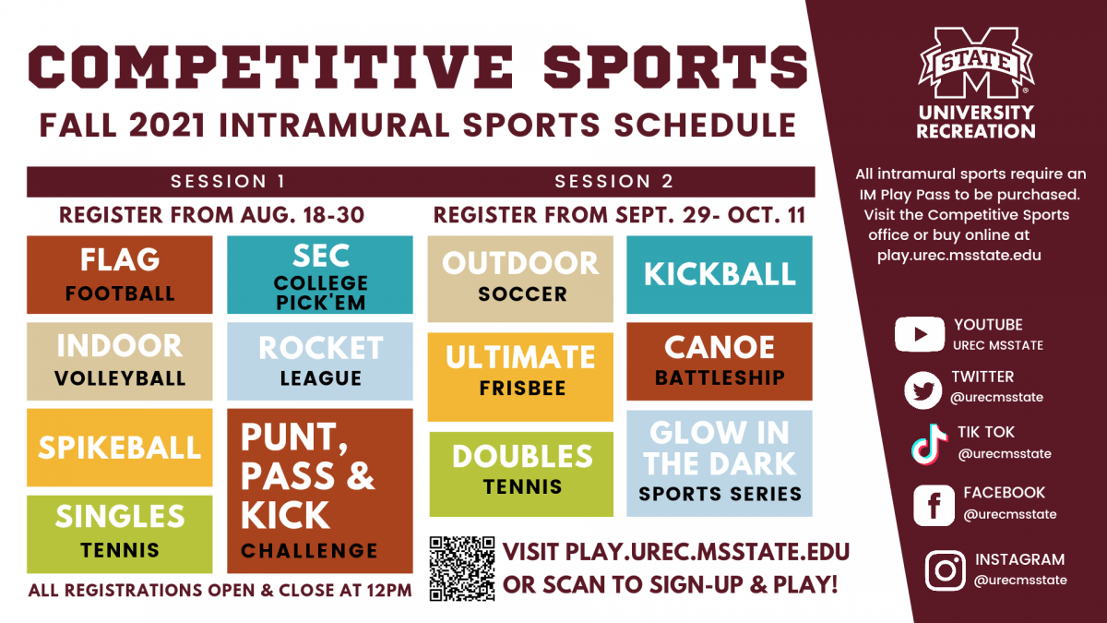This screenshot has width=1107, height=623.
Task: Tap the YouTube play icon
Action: coord(918,333)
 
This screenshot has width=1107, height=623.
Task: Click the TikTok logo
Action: coord(929,444)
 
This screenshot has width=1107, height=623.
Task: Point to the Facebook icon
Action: coord(934,505)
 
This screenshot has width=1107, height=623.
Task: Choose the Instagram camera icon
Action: coord(945,569)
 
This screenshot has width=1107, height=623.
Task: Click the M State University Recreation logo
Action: coord(975,83)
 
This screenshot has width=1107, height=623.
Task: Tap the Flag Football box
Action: coord(120,274)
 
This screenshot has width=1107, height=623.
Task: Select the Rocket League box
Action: coord(320,360)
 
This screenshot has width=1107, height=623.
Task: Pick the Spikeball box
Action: coord(120,447)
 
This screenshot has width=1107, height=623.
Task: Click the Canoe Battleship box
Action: coord(720,361)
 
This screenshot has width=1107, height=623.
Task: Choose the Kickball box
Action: coord(720,274)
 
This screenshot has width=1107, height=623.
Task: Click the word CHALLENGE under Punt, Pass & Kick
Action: coord(309,551)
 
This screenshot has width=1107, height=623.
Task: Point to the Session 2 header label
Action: coord(613,181)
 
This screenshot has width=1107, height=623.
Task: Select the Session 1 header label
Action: coord(228,181)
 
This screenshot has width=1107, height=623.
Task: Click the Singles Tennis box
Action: coord(120,533)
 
